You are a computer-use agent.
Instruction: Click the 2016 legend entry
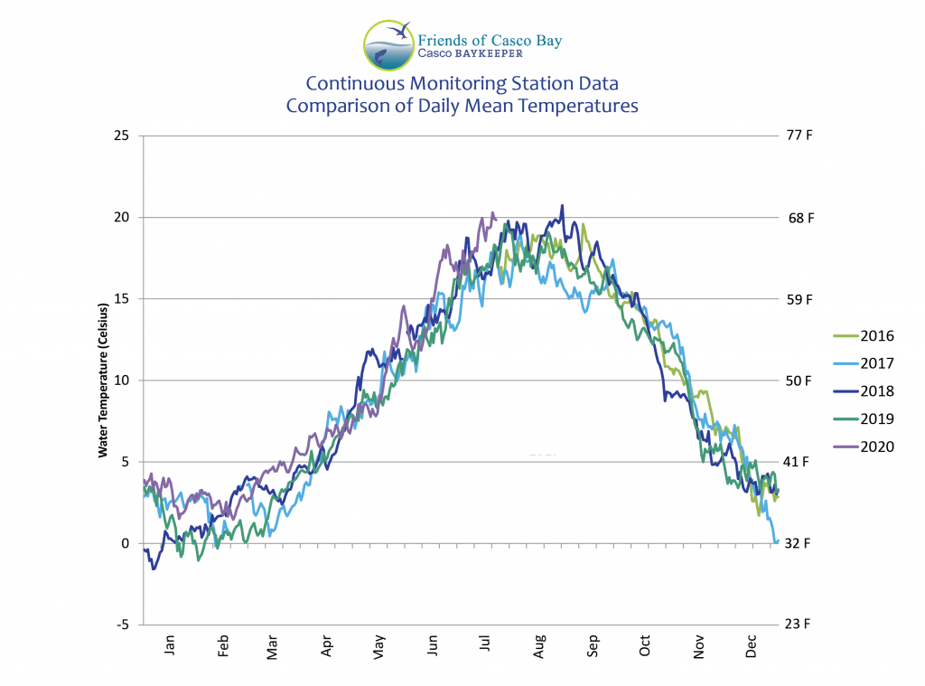(x=875, y=336)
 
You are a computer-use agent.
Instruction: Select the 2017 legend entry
(x=875, y=363)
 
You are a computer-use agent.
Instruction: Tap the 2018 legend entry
(x=875, y=391)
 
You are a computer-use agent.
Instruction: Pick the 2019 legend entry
(x=875, y=418)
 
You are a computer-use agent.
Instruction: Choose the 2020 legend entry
(x=875, y=446)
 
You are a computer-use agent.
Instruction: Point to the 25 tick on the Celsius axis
(x=120, y=136)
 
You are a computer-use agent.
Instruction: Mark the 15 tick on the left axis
(x=120, y=299)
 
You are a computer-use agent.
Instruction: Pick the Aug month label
(x=539, y=647)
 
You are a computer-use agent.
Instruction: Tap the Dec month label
(x=751, y=647)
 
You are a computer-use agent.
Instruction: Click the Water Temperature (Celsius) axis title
(x=104, y=381)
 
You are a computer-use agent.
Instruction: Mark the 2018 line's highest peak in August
(x=562, y=206)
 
